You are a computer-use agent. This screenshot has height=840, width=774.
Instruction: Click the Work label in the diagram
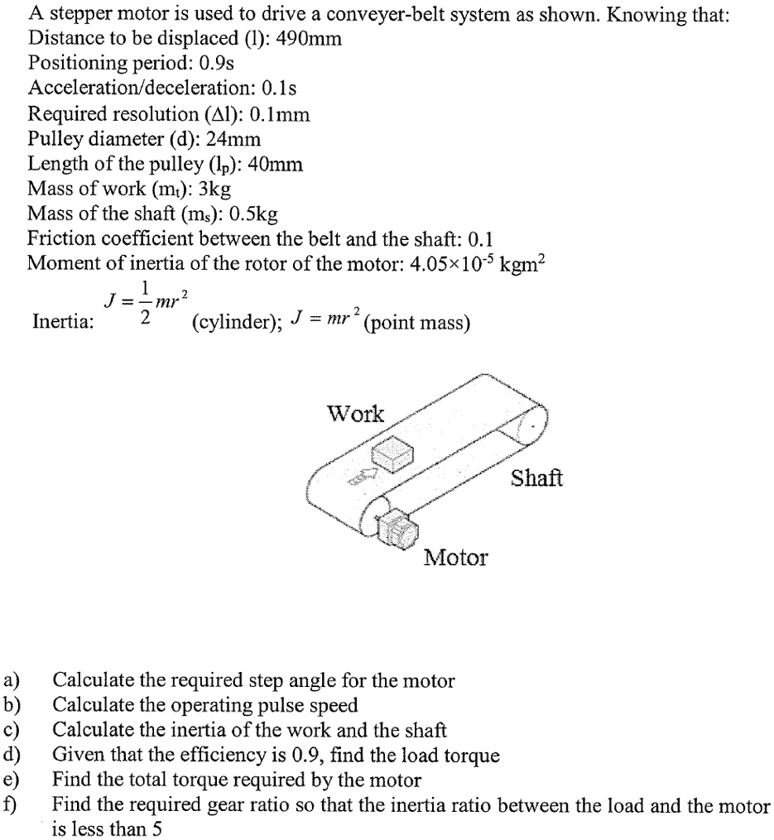[x=356, y=414]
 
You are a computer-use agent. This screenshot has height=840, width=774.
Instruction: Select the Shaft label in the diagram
[x=536, y=478]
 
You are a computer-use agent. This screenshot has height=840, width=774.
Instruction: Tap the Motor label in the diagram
[x=455, y=558]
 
